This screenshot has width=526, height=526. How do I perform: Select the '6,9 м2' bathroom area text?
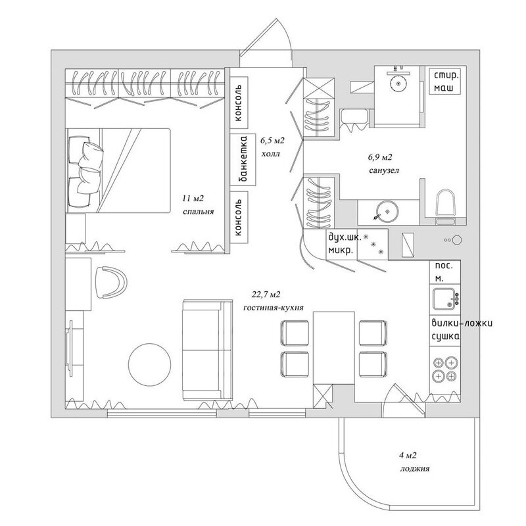pyautogui.click(x=379, y=158)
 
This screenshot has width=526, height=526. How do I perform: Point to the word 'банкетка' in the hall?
pyautogui.click(x=243, y=160)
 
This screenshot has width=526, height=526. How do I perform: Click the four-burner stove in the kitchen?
pyautogui.click(x=445, y=369)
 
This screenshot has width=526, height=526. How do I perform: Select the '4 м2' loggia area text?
pyautogui.click(x=408, y=456)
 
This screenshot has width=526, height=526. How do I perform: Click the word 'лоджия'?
pyautogui.click(x=414, y=469)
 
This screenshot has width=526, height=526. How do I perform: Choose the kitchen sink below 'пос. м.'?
pyautogui.click(x=444, y=299)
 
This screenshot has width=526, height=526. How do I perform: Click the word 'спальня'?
pyautogui.click(x=200, y=212)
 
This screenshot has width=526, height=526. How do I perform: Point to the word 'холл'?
pyautogui.click(x=270, y=156)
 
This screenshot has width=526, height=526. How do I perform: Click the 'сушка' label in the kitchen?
pyautogui.click(x=444, y=337)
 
